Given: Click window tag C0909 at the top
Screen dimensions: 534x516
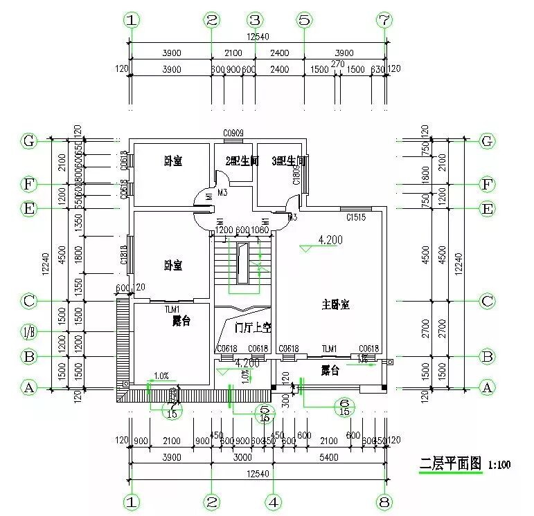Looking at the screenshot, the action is (232, 132).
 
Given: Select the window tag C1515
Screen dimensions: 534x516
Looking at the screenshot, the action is (356, 217).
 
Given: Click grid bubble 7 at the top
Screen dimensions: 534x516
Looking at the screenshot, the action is (384, 21).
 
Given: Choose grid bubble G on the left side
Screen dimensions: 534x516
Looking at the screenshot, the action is (28, 140).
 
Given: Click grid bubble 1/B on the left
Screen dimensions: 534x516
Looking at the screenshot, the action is (28, 332).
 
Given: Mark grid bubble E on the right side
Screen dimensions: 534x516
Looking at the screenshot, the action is (487, 208).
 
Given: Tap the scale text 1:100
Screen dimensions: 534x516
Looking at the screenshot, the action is (499, 465).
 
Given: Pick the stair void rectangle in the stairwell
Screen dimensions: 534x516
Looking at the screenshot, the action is (242, 263).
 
